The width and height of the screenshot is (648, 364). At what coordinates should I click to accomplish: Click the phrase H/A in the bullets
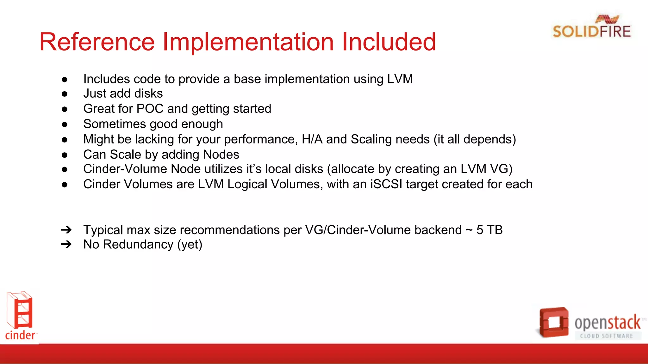312,139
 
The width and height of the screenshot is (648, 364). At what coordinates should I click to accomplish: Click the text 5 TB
489,230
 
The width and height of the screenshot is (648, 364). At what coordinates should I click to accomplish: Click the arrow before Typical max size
66,230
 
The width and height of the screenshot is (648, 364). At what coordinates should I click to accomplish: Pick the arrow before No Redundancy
66,244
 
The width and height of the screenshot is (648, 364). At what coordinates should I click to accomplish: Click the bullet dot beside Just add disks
65,94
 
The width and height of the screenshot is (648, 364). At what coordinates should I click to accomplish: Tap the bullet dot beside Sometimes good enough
65,124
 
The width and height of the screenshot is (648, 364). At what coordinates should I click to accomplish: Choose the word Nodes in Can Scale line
221,155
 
